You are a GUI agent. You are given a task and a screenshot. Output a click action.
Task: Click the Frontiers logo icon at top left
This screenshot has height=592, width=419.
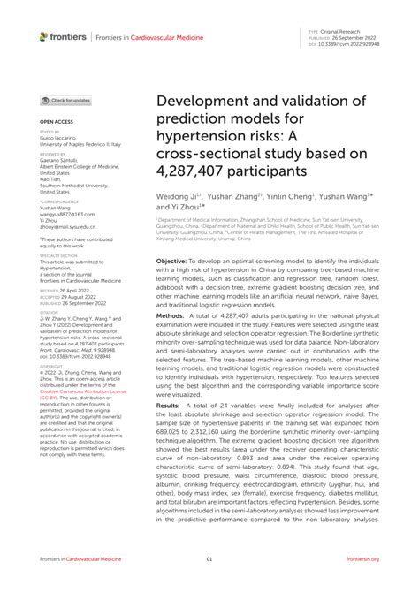click(x=44, y=36)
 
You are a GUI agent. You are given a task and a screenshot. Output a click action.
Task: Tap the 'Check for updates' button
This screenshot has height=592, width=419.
click(x=66, y=101)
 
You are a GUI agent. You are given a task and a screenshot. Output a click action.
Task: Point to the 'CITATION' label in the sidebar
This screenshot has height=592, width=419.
click(x=49, y=312)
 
